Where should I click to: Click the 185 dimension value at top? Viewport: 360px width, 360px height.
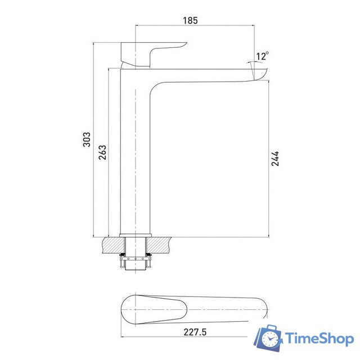[191, 21]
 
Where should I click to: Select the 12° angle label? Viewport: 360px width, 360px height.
[262, 56]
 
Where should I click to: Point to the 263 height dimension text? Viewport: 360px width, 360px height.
[102, 152]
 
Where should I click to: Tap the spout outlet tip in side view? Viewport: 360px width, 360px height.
[260, 74]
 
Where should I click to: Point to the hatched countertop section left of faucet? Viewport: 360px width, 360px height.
[112, 244]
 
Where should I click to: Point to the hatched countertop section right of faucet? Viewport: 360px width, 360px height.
[161, 244]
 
